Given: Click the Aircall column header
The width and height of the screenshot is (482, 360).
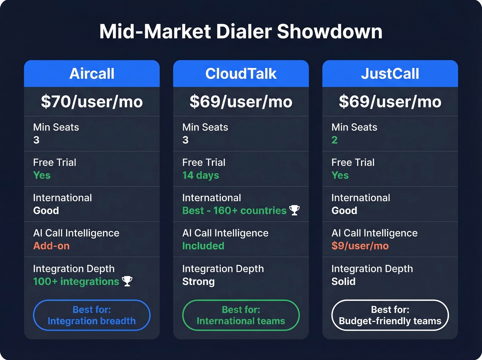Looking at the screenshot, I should (92, 74).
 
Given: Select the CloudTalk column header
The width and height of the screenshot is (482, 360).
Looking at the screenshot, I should (241, 74).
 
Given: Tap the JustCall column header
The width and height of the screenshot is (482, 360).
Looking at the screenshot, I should (390, 74).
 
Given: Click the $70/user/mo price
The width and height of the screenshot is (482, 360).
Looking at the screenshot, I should (92, 102).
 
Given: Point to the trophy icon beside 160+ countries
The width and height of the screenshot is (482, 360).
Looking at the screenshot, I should (294, 210).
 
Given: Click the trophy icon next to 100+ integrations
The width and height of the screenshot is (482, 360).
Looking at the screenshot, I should (127, 281).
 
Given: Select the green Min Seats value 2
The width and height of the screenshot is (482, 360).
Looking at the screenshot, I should (334, 140).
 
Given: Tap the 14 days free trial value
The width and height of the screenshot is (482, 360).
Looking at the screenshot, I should (200, 175).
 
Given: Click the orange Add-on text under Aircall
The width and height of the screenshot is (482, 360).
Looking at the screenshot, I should (51, 246).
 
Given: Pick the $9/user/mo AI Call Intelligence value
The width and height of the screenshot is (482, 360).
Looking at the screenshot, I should (360, 246).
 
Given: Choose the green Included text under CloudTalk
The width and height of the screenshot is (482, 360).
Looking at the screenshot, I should (203, 246).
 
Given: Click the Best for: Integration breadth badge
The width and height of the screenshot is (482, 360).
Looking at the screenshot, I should (92, 315).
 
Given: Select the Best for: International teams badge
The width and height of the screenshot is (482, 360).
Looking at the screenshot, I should (241, 315).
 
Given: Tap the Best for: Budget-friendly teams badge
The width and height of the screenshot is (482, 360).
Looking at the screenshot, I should (390, 315).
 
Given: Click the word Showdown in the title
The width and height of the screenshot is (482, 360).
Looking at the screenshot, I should (329, 32).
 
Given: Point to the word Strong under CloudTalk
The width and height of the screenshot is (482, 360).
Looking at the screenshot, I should (198, 281).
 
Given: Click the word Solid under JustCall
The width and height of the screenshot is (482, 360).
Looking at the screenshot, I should (343, 281).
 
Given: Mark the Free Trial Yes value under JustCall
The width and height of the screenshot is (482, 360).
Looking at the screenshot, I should (340, 175).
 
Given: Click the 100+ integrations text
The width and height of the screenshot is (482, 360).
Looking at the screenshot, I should (76, 281).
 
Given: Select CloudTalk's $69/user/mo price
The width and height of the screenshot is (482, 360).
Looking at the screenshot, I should (241, 102).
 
